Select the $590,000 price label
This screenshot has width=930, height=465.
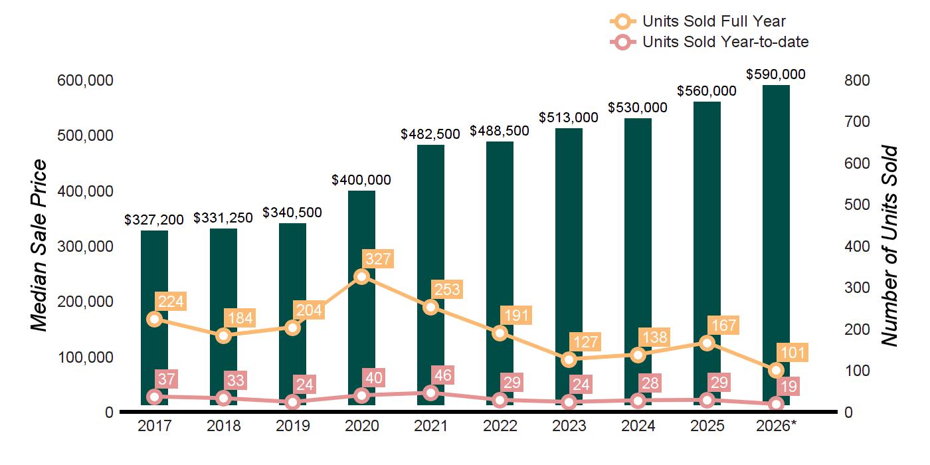[x=776, y=74]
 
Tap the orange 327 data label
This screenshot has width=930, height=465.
[x=378, y=259]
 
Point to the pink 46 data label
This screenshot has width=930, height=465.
[x=442, y=375]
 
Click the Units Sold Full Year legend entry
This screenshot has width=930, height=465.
[x=698, y=21]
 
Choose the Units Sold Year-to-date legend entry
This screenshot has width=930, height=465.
[x=709, y=42]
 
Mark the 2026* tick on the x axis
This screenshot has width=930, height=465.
[x=777, y=426]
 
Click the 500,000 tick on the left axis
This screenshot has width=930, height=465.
[x=85, y=136]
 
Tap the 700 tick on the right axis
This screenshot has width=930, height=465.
[x=857, y=122]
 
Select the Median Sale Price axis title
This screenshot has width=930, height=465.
[x=39, y=245]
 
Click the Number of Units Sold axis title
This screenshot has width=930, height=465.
[x=889, y=246]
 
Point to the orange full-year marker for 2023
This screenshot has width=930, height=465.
[x=569, y=359]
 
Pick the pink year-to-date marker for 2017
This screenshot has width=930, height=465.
[x=154, y=397]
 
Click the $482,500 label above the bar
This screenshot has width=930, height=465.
[x=430, y=134]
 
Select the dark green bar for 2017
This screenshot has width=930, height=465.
[x=154, y=318]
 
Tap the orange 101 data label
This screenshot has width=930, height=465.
[x=792, y=353]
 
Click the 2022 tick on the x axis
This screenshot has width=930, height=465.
[x=500, y=426]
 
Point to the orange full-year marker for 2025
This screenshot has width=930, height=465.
[x=707, y=343]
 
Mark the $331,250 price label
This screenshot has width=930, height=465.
[x=223, y=218]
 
